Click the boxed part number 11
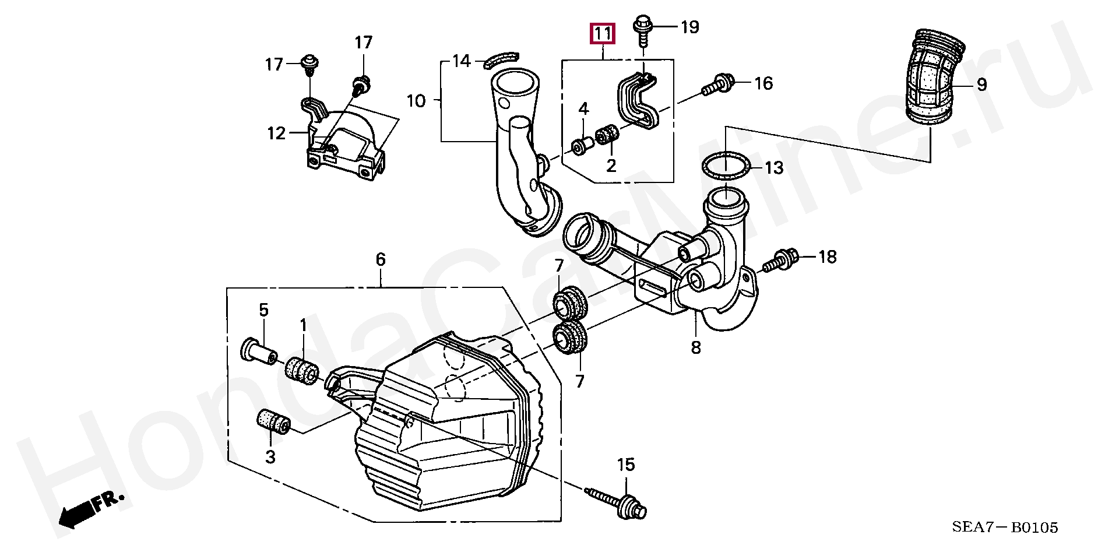point(603,34)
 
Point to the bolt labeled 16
point(719,86)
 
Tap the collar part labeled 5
point(258,350)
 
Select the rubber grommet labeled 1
point(301,371)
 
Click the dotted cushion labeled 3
point(273,424)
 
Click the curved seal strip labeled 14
point(501,59)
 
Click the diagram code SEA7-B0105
point(1005,528)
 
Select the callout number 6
point(381,259)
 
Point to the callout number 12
point(277,133)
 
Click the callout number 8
point(696,348)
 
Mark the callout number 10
point(416,101)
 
